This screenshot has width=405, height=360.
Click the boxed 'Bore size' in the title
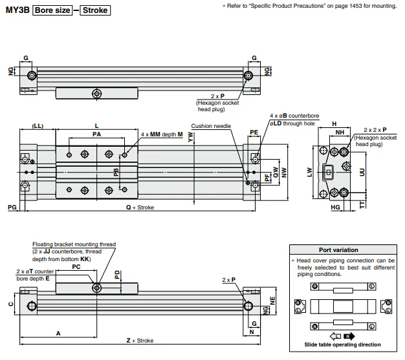[53, 10]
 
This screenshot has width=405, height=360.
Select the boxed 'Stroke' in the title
[94, 10]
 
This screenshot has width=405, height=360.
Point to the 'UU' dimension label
[362, 171]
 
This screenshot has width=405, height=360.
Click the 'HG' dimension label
[335, 207]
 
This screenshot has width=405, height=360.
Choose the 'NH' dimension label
[338, 132]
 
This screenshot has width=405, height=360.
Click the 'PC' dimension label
[76, 265]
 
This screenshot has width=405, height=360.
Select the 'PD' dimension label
[117, 273]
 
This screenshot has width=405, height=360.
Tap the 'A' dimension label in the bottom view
[58, 333]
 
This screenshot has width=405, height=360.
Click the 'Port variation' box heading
[338, 249]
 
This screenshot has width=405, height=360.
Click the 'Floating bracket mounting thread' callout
[74, 244]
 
